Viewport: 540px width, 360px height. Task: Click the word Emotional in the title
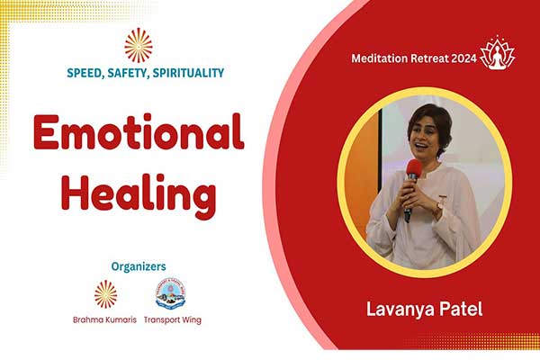click(x=139, y=131)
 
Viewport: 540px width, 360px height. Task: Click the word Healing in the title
click(x=139, y=194)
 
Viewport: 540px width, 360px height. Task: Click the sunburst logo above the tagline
click(x=139, y=46)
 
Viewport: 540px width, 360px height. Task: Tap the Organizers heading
click(x=139, y=266)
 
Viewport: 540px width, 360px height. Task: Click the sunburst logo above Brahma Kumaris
click(x=105, y=294)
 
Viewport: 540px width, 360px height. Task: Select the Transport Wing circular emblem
click(x=170, y=294)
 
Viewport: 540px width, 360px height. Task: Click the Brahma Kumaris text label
click(x=104, y=320)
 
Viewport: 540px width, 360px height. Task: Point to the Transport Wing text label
click(x=173, y=320)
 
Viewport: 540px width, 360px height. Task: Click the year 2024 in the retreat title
click(x=463, y=58)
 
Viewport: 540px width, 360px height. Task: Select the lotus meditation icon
click(x=497, y=52)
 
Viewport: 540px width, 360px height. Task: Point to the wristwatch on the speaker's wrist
click(x=440, y=206)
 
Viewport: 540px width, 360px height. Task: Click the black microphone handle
click(x=409, y=200)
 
